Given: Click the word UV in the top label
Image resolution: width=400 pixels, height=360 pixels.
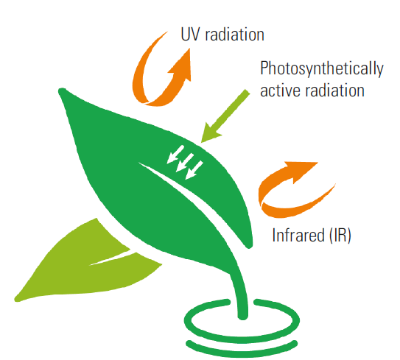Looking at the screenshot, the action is (x=189, y=34).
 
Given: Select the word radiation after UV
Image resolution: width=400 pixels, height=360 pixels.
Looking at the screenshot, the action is (x=234, y=34).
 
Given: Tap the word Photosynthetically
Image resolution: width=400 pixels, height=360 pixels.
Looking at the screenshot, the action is (x=322, y=68).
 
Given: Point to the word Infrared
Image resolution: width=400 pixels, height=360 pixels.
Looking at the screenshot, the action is (x=297, y=235).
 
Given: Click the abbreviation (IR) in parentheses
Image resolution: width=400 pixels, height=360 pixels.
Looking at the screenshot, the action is (x=339, y=235).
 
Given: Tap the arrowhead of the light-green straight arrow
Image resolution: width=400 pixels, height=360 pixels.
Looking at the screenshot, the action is (x=210, y=133).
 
